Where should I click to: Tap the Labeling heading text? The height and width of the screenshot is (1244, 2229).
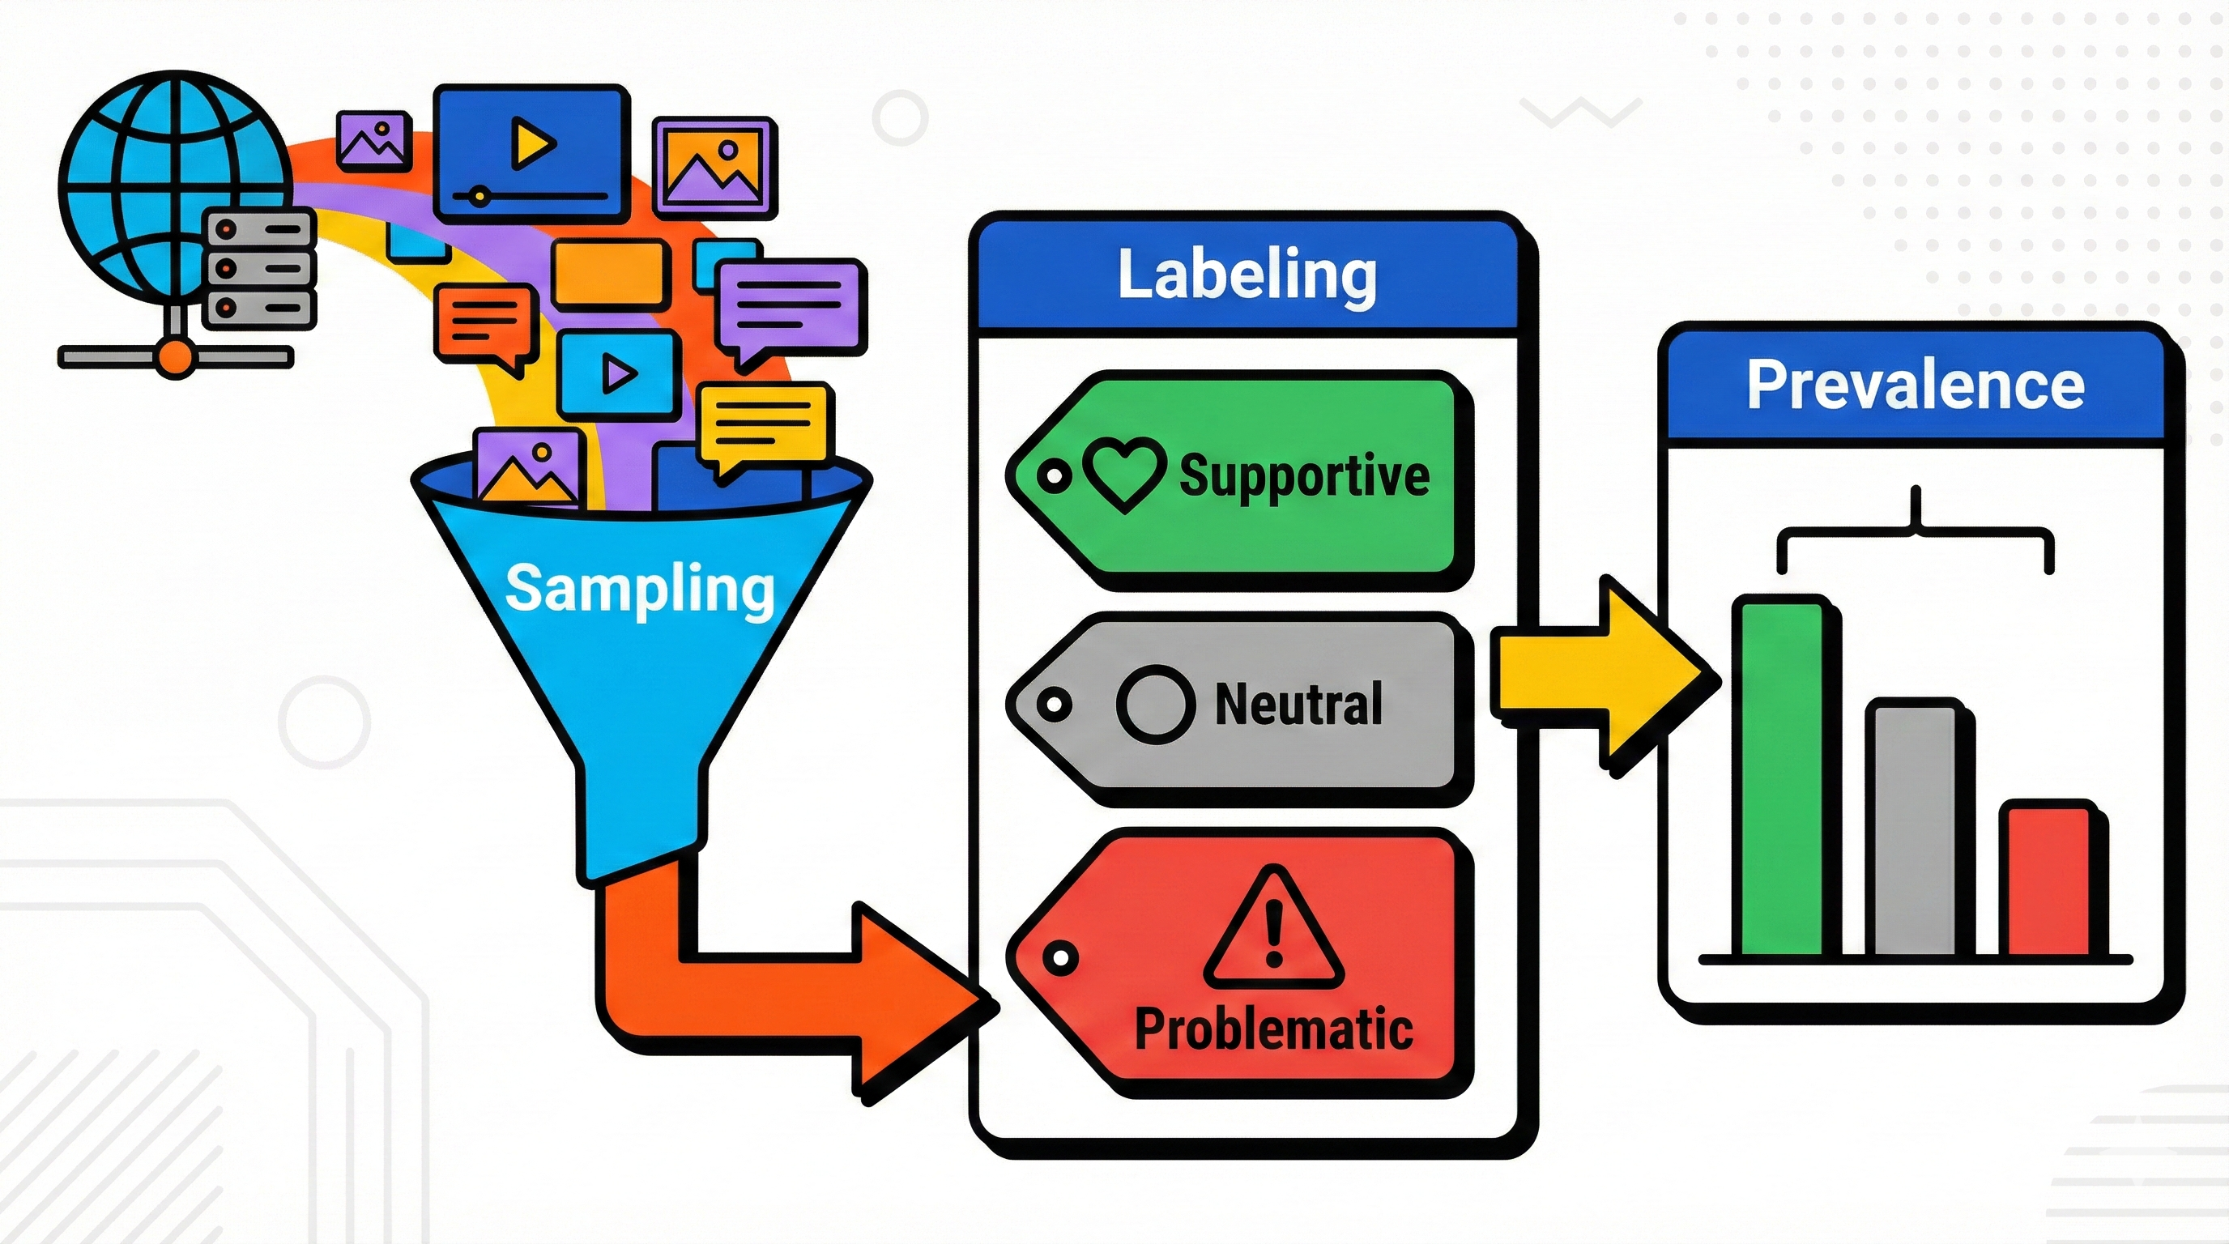click(1247, 275)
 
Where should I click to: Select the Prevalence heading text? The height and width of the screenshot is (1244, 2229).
click(1915, 384)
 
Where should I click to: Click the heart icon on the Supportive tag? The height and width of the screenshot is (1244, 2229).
click(1124, 475)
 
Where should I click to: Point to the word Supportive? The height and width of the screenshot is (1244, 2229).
click(1304, 475)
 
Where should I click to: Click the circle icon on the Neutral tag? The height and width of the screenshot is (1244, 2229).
click(1156, 704)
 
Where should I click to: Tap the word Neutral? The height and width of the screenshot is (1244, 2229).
click(1298, 704)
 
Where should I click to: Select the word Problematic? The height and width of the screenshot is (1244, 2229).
click(1274, 1029)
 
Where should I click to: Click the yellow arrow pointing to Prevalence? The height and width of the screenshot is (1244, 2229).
click(1600, 675)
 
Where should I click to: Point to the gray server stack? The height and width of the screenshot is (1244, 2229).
click(258, 269)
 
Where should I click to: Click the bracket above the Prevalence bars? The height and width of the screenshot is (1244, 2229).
click(1916, 536)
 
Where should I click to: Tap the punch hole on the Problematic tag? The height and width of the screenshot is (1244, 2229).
click(1060, 957)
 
